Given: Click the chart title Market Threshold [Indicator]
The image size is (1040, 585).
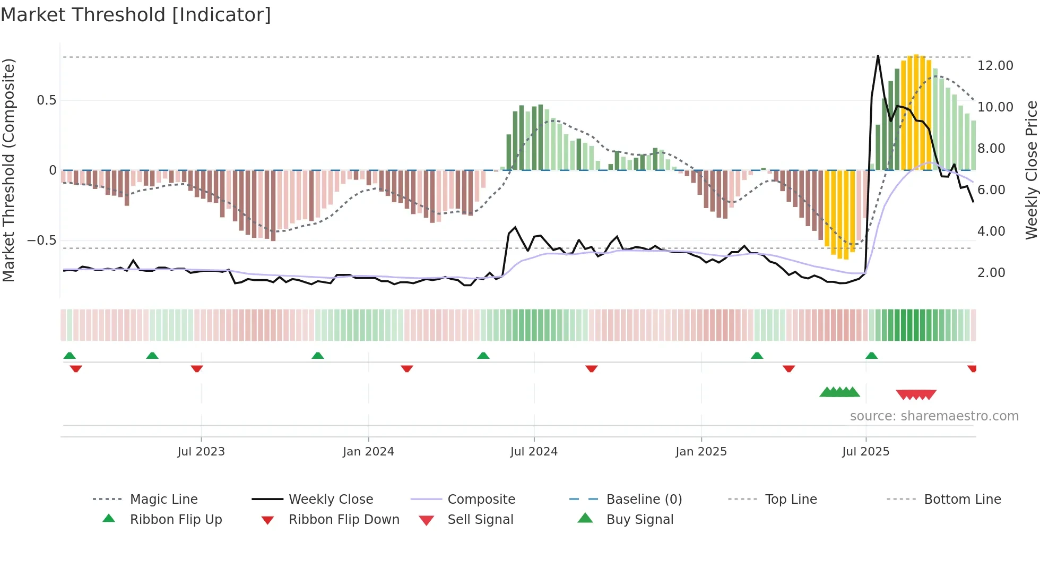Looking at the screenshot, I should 136,15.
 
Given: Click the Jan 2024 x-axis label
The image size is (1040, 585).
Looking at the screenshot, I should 368,451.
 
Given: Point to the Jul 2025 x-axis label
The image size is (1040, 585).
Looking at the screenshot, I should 865,451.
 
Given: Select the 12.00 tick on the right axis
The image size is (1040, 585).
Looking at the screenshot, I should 995,65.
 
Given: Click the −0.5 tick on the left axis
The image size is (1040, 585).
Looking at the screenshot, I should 42,240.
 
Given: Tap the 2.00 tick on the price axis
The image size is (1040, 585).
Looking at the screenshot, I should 991,272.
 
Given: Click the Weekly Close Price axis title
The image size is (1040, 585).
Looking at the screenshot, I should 1031,170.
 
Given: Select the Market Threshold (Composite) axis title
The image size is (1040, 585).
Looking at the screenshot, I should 8,170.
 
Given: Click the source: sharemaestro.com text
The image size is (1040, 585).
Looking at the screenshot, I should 934,416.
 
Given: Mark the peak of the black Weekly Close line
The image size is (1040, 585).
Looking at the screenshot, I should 878,56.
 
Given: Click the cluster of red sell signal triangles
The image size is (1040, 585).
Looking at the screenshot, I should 916,394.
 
